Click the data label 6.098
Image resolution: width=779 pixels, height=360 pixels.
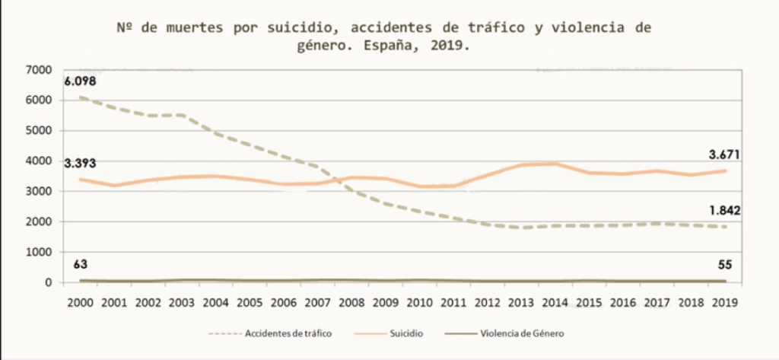[80, 81]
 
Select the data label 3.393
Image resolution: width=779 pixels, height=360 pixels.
[80, 163]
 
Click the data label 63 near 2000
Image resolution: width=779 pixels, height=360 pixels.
[80, 265]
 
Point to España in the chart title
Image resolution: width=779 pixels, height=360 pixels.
[389, 46]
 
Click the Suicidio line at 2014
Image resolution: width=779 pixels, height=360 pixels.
[555, 164]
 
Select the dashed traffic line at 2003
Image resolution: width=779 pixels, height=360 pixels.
[183, 115]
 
